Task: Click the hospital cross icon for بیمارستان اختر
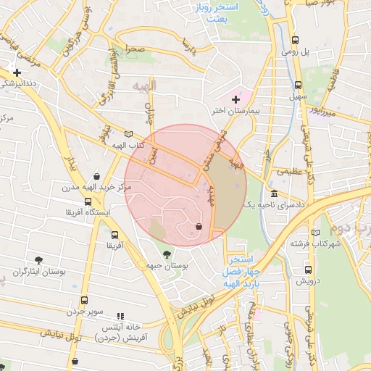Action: tap(235, 99)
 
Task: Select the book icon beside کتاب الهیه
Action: tap(129, 134)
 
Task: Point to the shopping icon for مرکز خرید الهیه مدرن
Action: tap(96, 176)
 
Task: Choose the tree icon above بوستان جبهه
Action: tap(167, 254)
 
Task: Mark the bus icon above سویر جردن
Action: tap(85, 301)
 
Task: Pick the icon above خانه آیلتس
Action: tap(120, 317)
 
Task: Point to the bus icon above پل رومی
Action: tap(295, 41)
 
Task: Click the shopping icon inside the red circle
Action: tap(199, 226)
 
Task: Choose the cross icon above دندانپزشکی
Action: tap(17, 72)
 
